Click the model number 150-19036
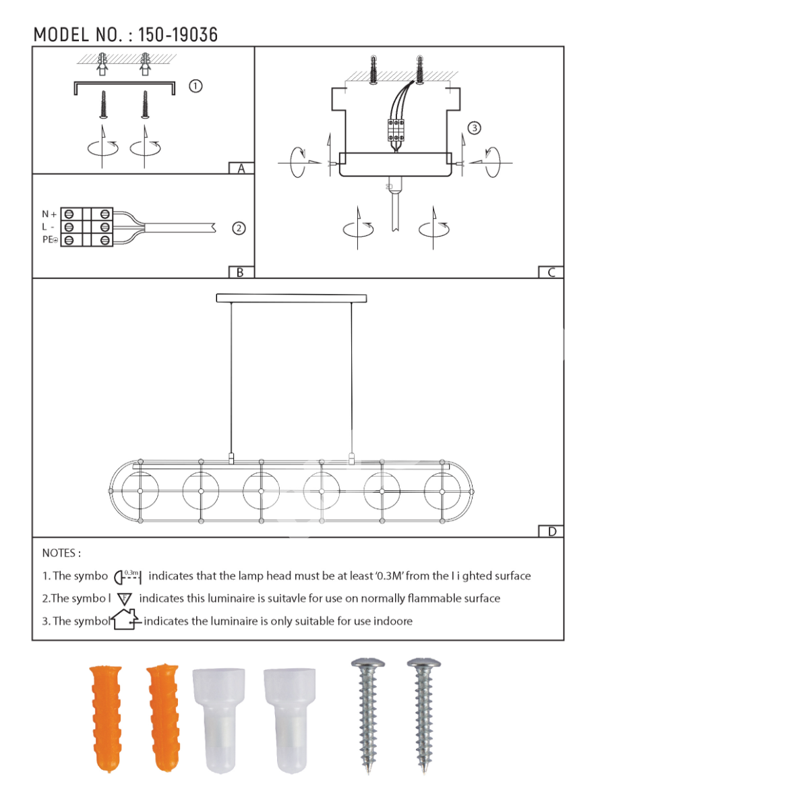[x=177, y=35]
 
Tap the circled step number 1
[x=196, y=86]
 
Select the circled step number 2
[x=239, y=229]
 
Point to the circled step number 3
[x=475, y=127]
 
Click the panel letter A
[x=241, y=169]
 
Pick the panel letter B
[x=240, y=272]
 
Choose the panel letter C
[x=551, y=272]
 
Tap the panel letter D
[x=552, y=531]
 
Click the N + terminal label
[x=49, y=214]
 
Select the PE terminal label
[x=50, y=239]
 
